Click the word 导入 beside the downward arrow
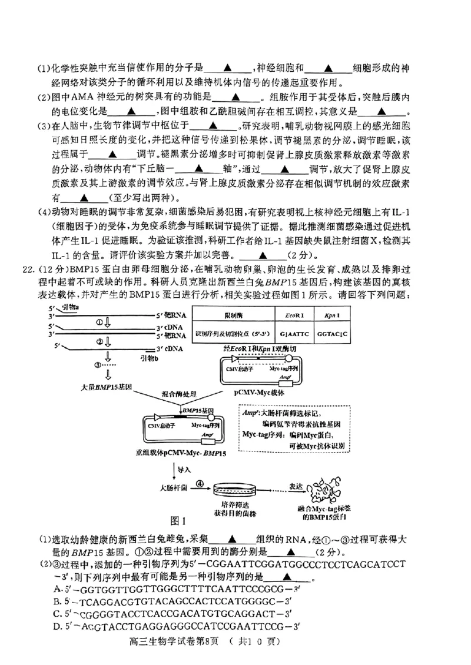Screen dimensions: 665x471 point(185,469)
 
